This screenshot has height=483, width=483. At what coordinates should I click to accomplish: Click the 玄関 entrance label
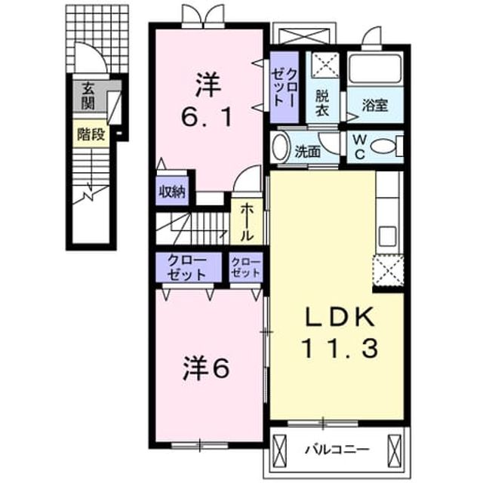tap(88, 96)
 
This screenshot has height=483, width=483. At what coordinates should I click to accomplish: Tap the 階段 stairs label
tap(91, 134)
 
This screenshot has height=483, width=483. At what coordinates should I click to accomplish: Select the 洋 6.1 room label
tap(207, 100)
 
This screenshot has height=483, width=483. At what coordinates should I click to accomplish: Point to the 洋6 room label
tap(206, 369)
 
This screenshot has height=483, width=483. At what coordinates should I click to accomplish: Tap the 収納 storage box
tap(172, 191)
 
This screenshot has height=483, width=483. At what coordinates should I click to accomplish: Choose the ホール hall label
tap(247, 222)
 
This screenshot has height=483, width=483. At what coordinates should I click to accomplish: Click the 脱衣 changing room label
tap(322, 103)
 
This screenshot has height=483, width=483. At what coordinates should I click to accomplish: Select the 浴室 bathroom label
tap(375, 106)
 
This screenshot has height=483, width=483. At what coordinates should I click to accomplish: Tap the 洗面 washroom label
tap(307, 152)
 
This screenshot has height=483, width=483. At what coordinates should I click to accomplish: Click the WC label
tap(359, 147)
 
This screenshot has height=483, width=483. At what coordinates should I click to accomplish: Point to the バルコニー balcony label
tap(337, 450)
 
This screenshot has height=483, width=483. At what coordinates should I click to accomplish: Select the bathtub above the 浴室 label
tap(375, 69)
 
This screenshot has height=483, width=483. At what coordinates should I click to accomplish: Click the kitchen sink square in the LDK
tap(388, 236)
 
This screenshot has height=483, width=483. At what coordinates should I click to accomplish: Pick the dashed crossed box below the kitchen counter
tap(388, 270)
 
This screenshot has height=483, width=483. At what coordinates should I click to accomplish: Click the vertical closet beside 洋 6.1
tap(284, 88)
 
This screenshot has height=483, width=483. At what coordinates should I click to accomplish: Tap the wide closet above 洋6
tap(189, 267)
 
